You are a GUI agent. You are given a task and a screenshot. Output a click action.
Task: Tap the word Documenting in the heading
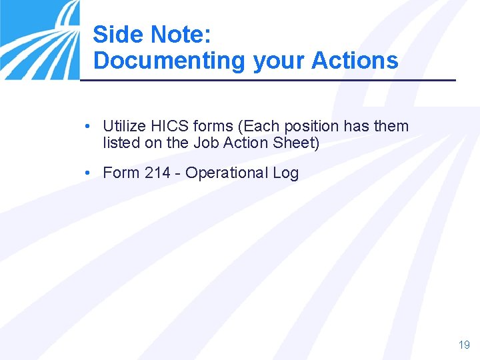[169, 61]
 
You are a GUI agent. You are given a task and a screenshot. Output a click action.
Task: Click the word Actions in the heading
[355, 61]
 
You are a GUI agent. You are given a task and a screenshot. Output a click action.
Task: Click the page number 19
[464, 345]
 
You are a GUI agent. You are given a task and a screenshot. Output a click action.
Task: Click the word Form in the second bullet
[121, 173]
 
